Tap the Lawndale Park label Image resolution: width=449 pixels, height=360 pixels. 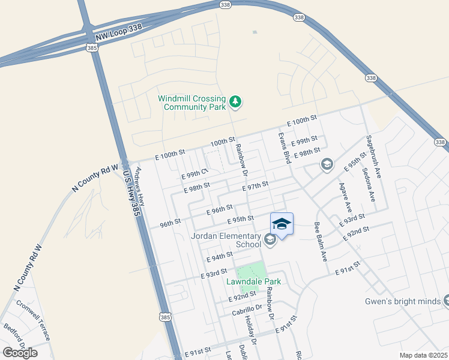click(x=253, y=281)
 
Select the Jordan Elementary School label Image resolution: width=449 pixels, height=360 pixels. click(x=226, y=240)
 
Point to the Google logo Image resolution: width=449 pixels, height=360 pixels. click(x=20, y=352)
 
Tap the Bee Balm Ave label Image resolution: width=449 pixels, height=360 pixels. click(x=320, y=242)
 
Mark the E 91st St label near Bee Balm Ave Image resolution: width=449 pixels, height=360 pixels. click(x=348, y=267)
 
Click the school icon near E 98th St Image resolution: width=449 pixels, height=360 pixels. click(x=327, y=164)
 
